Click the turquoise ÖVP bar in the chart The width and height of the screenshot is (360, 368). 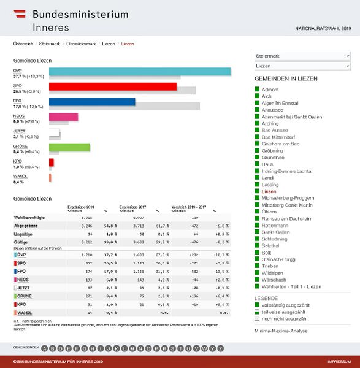tap(140, 71)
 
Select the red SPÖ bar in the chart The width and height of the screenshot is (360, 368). tap(113, 86)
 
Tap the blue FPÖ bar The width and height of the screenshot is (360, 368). tap(92, 102)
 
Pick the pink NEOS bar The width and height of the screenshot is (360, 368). tap(63, 117)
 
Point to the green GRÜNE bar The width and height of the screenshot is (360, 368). tap(69, 147)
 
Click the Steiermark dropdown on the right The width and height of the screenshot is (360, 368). tap(302, 56)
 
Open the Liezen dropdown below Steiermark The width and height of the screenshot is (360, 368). tap(302, 66)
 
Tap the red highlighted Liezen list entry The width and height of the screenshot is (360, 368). tap(269, 191)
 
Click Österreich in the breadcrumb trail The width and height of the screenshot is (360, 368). tap(23, 44)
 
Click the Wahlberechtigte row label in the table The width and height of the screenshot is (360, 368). tap(29, 218)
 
